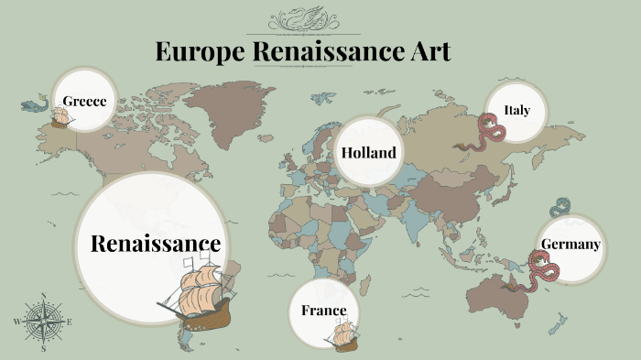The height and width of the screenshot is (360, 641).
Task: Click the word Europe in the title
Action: point(197,52)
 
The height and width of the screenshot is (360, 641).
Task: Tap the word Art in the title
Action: point(428,52)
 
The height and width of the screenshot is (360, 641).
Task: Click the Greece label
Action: point(85,101)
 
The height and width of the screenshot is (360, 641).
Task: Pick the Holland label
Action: point(369,153)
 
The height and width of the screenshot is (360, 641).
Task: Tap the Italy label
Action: point(516,111)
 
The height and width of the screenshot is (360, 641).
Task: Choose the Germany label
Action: point(570,245)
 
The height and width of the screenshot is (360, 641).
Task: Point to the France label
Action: point(324,311)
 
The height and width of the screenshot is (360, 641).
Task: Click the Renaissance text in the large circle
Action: point(156,244)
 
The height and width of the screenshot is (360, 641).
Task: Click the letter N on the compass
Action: point(44,296)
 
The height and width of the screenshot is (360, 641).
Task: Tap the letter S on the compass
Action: point(44,349)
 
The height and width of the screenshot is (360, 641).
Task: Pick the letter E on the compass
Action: point(71,322)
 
